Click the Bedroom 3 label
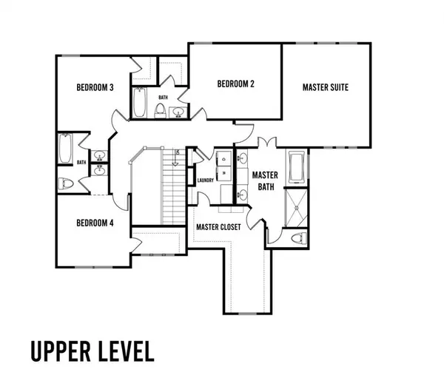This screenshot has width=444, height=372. [x=95, y=87]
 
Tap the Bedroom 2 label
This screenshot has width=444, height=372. [x=235, y=84]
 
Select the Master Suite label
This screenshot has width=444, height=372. [x=326, y=87]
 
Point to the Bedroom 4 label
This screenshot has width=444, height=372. [x=95, y=223]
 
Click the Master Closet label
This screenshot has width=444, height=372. [x=218, y=227]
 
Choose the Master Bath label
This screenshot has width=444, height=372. [x=265, y=181]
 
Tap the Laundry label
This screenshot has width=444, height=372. [x=206, y=180]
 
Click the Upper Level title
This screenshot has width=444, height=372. [x=92, y=351]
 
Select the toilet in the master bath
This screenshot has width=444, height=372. [x=299, y=238]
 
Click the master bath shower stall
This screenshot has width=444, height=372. [x=296, y=209]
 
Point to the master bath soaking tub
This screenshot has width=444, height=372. [x=297, y=167]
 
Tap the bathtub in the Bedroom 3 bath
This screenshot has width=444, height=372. [x=66, y=148]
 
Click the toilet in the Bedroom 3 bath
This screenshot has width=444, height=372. [x=65, y=183]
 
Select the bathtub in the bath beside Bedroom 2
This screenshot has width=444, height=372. [x=139, y=102]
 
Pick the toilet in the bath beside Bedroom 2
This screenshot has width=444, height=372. [x=161, y=111]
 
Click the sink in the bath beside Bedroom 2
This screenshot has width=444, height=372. [x=178, y=112]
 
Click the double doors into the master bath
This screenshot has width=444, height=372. [x=266, y=141]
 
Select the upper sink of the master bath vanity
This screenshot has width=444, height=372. [x=243, y=158]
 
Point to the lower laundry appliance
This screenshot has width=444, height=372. [x=223, y=173]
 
